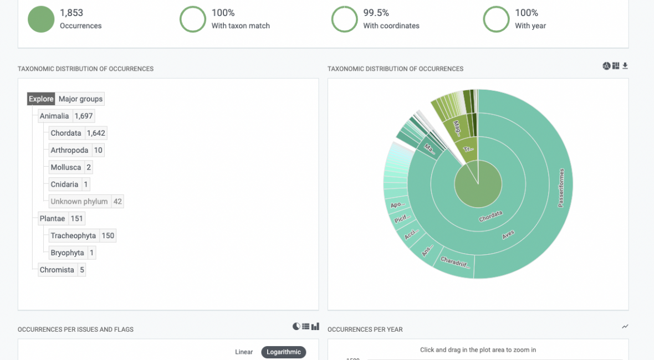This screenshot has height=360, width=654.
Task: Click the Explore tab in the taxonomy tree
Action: [42, 99]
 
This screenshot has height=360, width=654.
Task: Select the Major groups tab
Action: [80, 99]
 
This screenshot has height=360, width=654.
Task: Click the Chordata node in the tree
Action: [66, 133]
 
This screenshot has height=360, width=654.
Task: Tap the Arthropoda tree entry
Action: [69, 150]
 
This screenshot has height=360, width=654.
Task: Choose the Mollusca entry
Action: [65, 167]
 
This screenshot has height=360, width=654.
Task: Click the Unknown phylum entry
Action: [79, 202]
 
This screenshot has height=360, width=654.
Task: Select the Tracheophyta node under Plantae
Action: [73, 236]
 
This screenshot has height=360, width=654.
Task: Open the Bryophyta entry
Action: [67, 253]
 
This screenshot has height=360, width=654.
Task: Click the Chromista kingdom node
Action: [57, 270]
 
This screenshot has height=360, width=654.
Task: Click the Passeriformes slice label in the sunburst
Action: [561, 188]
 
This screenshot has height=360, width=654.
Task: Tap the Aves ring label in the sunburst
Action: [508, 235]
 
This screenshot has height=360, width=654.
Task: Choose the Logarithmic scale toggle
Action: [284, 352]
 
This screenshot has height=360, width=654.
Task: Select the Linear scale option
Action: [244, 352]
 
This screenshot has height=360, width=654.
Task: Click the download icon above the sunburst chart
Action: [625, 66]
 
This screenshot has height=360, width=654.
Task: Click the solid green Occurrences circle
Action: [41, 19]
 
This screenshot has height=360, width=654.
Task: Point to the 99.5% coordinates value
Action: [376, 13]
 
